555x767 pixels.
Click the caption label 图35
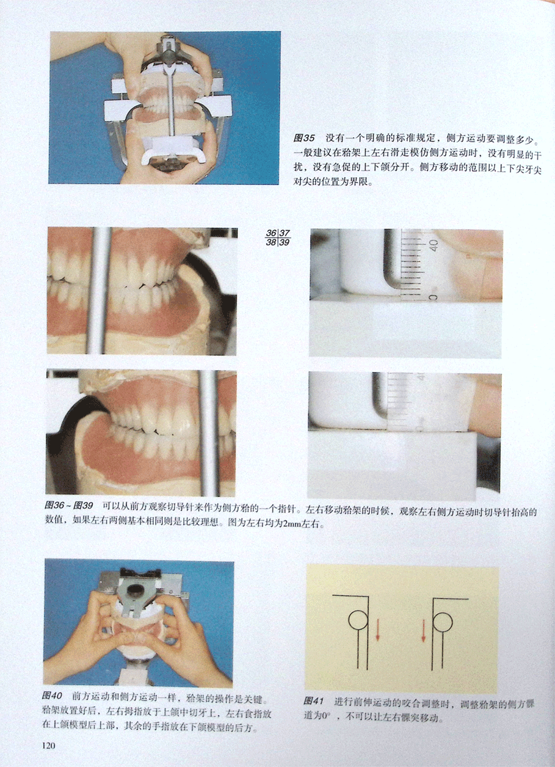(304, 139)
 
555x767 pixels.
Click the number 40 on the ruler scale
(433, 245)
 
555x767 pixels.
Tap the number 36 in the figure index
(271, 233)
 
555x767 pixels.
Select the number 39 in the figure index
(285, 243)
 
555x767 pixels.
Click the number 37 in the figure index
(285, 233)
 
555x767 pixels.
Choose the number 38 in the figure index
(271, 243)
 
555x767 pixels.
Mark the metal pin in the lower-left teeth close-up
(209, 433)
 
